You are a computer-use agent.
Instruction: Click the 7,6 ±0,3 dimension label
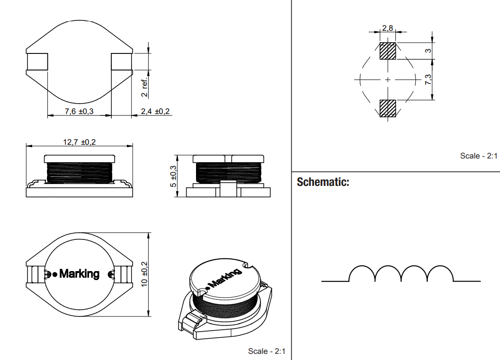79,111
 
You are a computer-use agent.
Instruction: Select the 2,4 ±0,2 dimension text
155,111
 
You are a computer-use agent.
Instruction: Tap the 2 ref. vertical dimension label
145,88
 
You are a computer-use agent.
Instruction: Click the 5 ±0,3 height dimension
173,176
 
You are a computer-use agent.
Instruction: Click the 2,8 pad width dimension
387,28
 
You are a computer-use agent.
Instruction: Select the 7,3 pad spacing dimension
428,79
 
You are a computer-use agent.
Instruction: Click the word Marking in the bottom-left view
79,273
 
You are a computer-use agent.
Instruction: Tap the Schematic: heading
323,182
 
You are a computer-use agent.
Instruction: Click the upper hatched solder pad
388,51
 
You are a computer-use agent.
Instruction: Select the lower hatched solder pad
388,108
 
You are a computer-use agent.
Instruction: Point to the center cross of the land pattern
388,79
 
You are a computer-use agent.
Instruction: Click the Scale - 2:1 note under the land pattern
479,156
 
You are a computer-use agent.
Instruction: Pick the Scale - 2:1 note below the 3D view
267,351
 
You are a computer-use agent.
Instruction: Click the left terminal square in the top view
37,61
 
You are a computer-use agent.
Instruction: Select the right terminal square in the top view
122,61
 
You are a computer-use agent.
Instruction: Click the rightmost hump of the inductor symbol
440,273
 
